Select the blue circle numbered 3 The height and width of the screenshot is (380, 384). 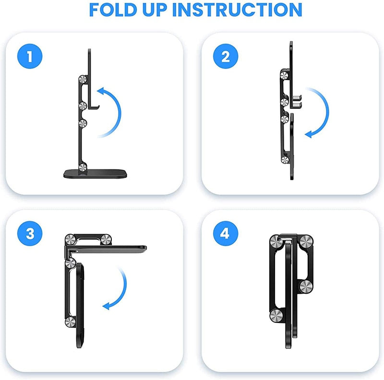[30, 234]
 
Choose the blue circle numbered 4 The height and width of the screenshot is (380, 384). [226, 234]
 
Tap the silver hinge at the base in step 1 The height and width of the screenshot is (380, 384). [83, 167]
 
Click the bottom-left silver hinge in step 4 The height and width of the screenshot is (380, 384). [276, 315]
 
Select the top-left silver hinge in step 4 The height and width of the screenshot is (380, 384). [276, 241]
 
